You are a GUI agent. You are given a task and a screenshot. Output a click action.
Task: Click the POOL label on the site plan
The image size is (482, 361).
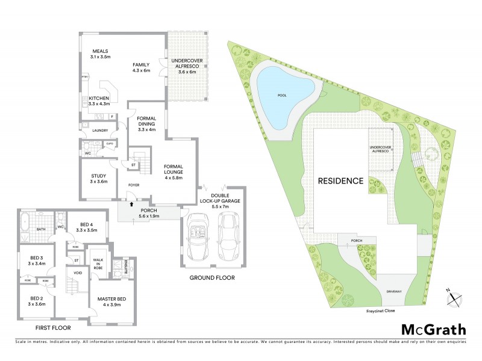(x=282, y=95)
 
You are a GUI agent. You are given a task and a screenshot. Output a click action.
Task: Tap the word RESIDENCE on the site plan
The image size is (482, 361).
(x=341, y=180)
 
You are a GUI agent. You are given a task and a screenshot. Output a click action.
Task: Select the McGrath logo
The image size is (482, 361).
(x=433, y=329)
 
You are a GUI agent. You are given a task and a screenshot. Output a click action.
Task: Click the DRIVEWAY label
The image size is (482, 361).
(x=395, y=292)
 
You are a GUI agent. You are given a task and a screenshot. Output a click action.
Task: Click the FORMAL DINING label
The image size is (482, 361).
(x=147, y=123)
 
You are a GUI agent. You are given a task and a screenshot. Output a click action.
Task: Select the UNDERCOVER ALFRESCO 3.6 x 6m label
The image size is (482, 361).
(x=184, y=66)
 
